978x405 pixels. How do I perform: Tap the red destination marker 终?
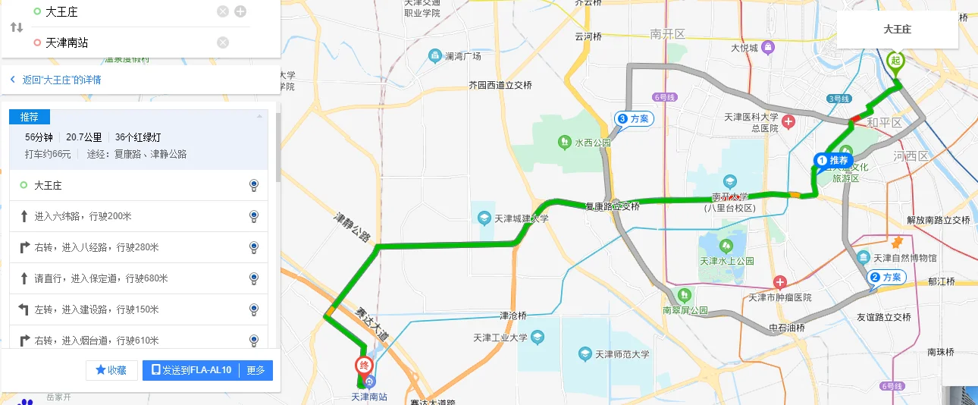pyautogui.click(x=365, y=366)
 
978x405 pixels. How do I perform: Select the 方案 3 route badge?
pyautogui.click(x=633, y=119)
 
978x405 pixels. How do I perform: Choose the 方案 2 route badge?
pyautogui.click(x=886, y=278)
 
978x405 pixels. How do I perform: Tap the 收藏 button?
pyautogui.click(x=111, y=370)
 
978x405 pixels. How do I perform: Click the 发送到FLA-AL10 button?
pyautogui.click(x=190, y=370)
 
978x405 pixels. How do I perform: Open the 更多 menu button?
pyautogui.click(x=256, y=370)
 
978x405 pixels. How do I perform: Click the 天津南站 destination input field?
pyautogui.click(x=125, y=42)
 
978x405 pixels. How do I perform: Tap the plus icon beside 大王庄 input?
pyautogui.click(x=240, y=11)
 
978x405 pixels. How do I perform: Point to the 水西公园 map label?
pyautogui.click(x=592, y=143)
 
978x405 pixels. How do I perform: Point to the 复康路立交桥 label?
pyautogui.click(x=611, y=206)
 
